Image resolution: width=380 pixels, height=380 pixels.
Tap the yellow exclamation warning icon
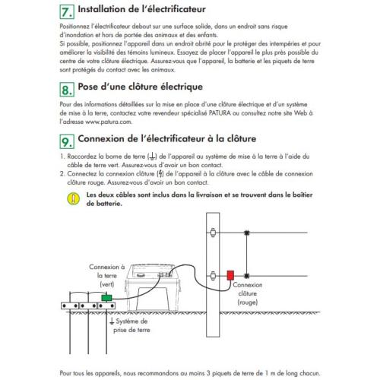[73, 198]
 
